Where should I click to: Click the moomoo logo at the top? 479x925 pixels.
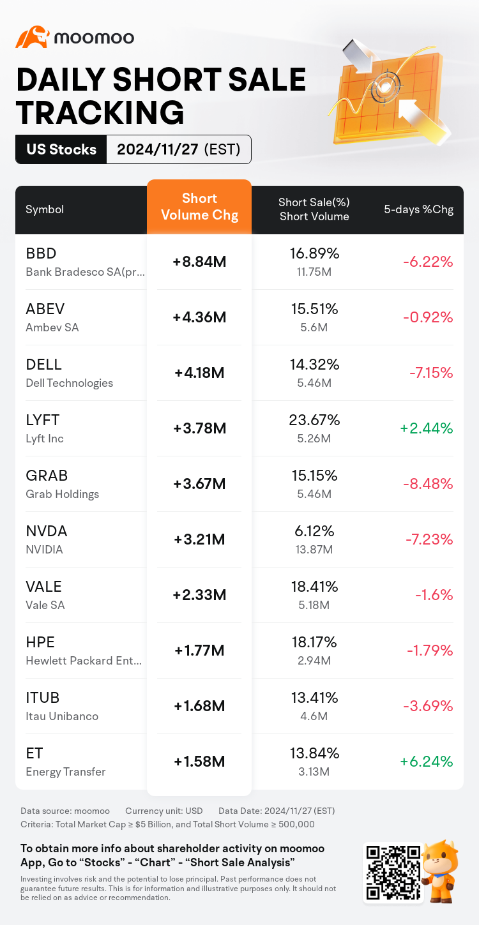pyautogui.click(x=75, y=38)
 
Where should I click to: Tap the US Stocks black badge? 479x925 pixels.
pyautogui.click(x=61, y=149)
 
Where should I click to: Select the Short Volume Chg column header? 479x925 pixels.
pyautogui.click(x=199, y=207)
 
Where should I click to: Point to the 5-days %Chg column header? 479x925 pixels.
pyautogui.click(x=418, y=209)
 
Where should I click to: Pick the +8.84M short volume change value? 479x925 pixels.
pyautogui.click(x=199, y=262)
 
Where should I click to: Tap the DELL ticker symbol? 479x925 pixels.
pyautogui.click(x=44, y=365)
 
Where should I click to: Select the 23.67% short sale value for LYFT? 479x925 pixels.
pyautogui.click(x=314, y=419)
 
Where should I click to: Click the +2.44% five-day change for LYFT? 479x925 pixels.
pyautogui.click(x=426, y=428)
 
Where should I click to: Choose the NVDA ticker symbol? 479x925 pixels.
pyautogui.click(x=46, y=531)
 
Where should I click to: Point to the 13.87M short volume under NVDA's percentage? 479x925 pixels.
pyautogui.click(x=314, y=550)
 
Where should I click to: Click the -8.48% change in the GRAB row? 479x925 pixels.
pyautogui.click(x=427, y=484)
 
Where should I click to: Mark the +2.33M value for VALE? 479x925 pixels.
pyautogui.click(x=199, y=595)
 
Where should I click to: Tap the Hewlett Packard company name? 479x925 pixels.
pyautogui.click(x=84, y=661)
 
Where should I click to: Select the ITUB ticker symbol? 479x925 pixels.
pyautogui.click(x=43, y=698)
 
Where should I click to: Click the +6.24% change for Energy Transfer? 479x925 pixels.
pyautogui.click(x=426, y=762)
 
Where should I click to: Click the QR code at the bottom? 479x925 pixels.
pyautogui.click(x=393, y=873)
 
